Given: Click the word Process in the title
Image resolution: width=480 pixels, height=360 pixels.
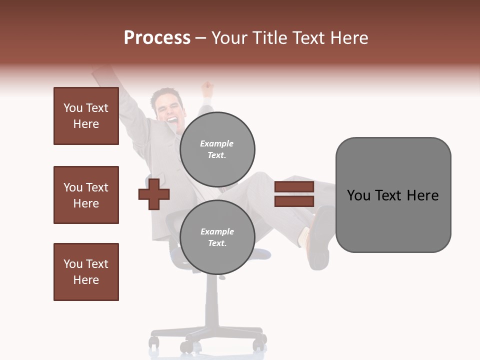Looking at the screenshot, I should pyautogui.click(x=157, y=38).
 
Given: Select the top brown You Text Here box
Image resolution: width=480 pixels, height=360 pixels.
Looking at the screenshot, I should pyautogui.click(x=86, y=116).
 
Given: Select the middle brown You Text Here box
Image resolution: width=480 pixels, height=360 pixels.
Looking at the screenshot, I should pyautogui.click(x=86, y=195).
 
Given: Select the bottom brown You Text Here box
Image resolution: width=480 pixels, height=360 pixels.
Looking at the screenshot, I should pyautogui.click(x=86, y=272).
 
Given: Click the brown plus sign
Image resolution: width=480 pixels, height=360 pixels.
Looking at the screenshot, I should pyautogui.click(x=154, y=194).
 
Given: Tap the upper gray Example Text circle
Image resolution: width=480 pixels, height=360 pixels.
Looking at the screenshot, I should pyautogui.click(x=217, y=149).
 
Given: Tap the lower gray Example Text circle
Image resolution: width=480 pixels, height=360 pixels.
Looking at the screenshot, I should pyautogui.click(x=217, y=237).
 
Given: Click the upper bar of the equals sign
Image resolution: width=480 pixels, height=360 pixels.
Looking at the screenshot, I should pyautogui.click(x=294, y=187).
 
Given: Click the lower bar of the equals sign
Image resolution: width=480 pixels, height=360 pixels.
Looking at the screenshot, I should pyautogui.click(x=294, y=201).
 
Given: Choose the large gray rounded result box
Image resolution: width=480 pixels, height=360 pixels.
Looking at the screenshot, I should pyautogui.click(x=393, y=194).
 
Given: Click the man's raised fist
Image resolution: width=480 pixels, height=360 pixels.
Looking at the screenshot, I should pyautogui.click(x=206, y=89).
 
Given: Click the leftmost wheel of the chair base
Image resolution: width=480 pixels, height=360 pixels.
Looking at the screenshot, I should pyautogui.click(x=153, y=342).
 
